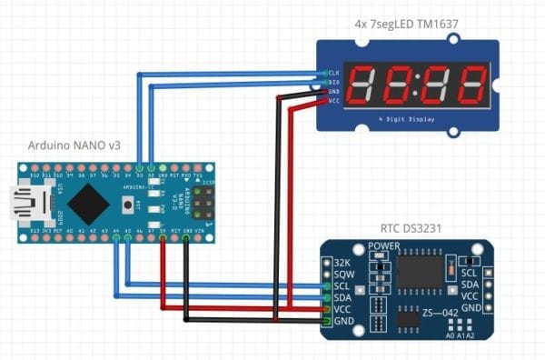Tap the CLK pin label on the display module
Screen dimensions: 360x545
[x=333, y=73]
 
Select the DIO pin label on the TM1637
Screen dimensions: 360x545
[x=333, y=82]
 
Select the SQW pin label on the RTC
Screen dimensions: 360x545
[x=342, y=274]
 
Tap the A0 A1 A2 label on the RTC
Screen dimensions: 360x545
[x=461, y=335]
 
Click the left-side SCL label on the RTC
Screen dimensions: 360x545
[x=342, y=285]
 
